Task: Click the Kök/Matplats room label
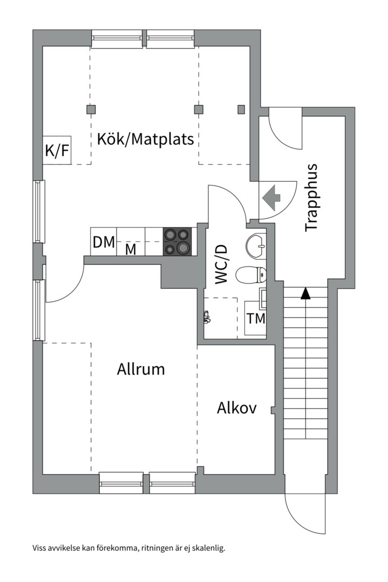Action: click(145, 139)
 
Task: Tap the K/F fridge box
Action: click(57, 150)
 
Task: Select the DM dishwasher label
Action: click(104, 242)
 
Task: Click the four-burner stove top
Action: click(177, 241)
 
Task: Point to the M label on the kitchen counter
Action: click(130, 249)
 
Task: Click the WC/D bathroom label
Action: click(221, 264)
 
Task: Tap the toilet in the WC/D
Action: click(253, 274)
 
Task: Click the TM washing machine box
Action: click(256, 318)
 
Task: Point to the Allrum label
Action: click(141, 370)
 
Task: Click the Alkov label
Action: click(237, 408)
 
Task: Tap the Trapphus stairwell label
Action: click(311, 198)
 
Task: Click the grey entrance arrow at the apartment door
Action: click(274, 198)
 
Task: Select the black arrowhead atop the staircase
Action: click(306, 293)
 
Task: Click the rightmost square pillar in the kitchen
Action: click(241, 110)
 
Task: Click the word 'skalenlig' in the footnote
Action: click(206, 549)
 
